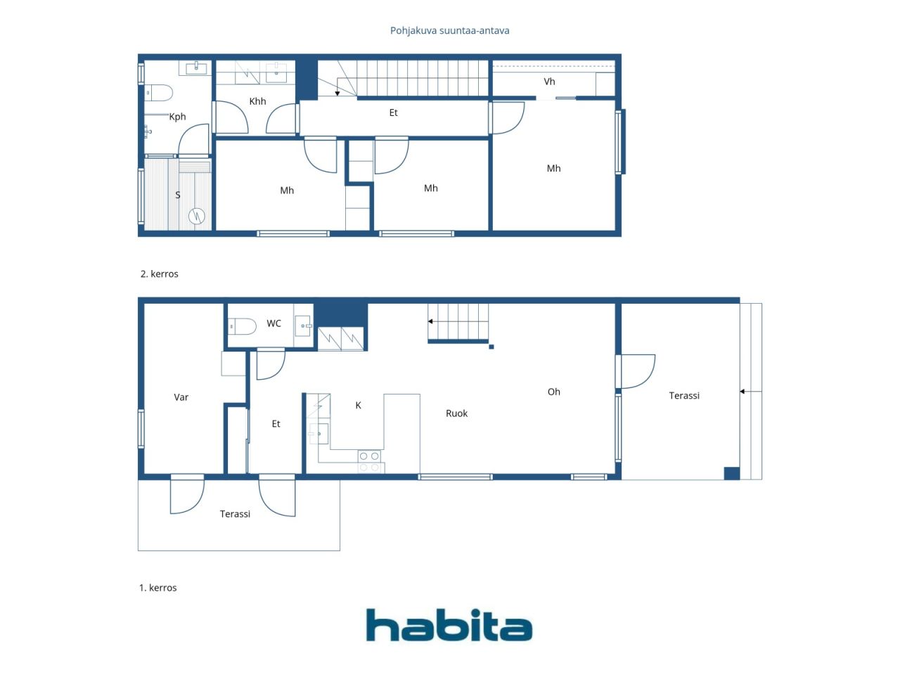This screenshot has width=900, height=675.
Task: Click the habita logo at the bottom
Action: point(449,624)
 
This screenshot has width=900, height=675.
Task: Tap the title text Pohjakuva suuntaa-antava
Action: point(449,31)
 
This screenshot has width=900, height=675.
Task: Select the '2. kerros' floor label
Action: point(159,274)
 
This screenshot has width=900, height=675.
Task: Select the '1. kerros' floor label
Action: point(158,588)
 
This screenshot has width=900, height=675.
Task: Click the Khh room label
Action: point(257,101)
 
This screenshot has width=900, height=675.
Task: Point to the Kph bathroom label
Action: point(178,117)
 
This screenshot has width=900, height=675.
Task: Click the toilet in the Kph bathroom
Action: point(159,93)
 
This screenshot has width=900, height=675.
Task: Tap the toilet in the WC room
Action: point(242,327)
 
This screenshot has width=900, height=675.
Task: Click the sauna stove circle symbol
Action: point(196,216)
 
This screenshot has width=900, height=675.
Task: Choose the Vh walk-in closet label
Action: point(549,82)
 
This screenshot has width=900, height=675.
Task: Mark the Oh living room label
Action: point(553,392)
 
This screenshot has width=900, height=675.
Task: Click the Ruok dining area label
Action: point(456,413)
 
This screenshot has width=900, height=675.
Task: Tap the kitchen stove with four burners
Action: point(369,461)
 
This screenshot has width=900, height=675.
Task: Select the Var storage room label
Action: point(181,397)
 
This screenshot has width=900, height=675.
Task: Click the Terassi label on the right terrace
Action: point(684,395)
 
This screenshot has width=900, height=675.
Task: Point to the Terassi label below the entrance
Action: point(235,514)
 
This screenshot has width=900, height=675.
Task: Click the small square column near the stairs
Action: point(491,347)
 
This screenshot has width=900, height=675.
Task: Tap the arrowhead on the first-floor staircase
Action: point(430,321)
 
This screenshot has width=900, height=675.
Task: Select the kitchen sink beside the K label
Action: point(319,434)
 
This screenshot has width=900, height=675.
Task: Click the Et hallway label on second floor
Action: point(393,112)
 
